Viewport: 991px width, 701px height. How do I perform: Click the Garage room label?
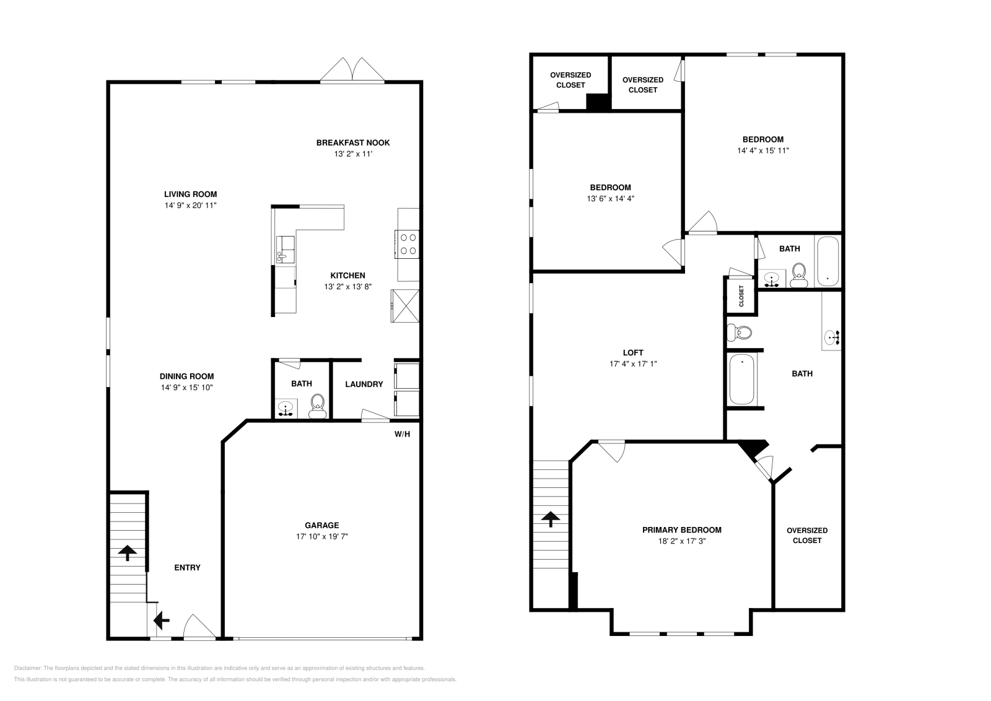pyautogui.click(x=321, y=525)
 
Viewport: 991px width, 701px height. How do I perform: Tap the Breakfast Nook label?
pyautogui.click(x=353, y=142)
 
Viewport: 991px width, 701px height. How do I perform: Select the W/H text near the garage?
pyautogui.click(x=402, y=434)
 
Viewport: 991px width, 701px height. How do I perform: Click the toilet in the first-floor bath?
pyautogui.click(x=317, y=403)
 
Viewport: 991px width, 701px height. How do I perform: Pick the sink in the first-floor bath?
pyautogui.click(x=286, y=409)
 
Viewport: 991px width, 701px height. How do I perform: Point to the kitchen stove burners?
pyautogui.click(x=407, y=243)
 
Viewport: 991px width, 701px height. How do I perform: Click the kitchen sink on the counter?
pyautogui.click(x=286, y=248)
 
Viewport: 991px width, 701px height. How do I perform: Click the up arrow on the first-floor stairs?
pyautogui.click(x=128, y=552)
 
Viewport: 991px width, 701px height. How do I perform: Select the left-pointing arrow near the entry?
pyautogui.click(x=162, y=619)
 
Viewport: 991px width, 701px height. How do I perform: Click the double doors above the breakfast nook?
pyautogui.click(x=353, y=69)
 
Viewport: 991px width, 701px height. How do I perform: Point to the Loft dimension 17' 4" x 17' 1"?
pyautogui.click(x=633, y=364)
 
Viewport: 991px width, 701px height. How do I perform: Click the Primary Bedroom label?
pyautogui.click(x=681, y=529)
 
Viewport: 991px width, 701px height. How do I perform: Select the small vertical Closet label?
pyautogui.click(x=741, y=296)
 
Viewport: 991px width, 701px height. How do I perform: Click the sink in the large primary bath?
pyautogui.click(x=831, y=337)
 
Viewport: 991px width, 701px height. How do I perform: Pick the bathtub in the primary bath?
pyautogui.click(x=742, y=378)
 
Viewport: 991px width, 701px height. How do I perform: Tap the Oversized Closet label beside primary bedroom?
pyautogui.click(x=807, y=535)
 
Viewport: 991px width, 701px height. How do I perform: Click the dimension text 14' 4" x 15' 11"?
pyautogui.click(x=763, y=150)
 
